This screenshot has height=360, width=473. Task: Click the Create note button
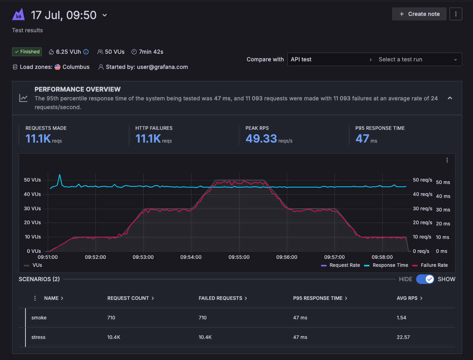(x=419, y=14)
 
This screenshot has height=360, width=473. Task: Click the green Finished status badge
(x=27, y=52)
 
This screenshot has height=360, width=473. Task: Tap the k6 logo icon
(x=18, y=15)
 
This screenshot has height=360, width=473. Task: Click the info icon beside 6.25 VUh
(x=86, y=52)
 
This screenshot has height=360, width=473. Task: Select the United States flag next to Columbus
(x=57, y=67)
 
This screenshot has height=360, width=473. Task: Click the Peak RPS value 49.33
(x=261, y=139)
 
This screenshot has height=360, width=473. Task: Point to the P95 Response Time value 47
(x=362, y=139)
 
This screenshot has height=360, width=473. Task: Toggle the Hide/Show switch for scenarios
(x=425, y=279)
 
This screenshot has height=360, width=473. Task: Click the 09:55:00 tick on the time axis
(x=239, y=257)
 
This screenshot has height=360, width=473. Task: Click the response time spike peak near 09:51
(x=60, y=175)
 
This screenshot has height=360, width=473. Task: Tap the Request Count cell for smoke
(x=111, y=318)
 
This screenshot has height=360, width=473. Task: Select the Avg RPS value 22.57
(x=403, y=337)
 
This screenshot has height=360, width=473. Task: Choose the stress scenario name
(x=38, y=337)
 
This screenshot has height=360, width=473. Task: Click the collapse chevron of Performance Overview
(x=450, y=98)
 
